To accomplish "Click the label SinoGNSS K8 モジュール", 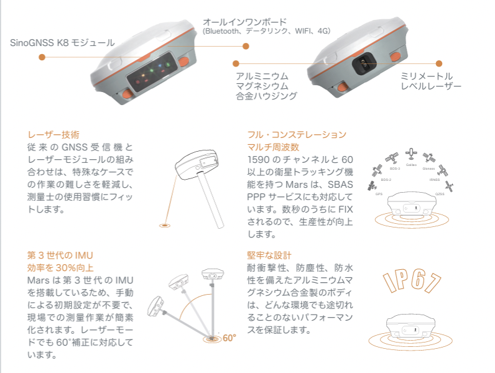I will tap(62, 43).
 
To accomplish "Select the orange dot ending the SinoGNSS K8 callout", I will tap(42, 57).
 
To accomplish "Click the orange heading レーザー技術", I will tap(53, 134).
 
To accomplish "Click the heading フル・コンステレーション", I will tap(297, 134).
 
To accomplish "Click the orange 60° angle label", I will tap(229, 338).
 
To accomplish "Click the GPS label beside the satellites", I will tap(378, 194).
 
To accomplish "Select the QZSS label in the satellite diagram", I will tap(440, 194).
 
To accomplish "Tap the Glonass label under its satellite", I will tap(428, 168).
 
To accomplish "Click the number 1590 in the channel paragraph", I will tap(260, 160).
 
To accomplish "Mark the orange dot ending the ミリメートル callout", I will tap(439, 63).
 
